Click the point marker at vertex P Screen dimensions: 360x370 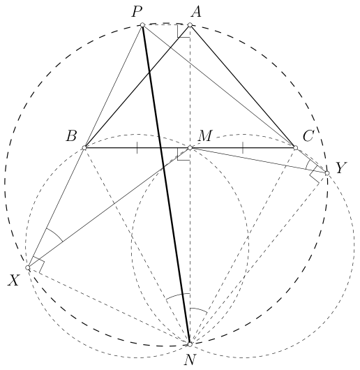(x=142, y=24)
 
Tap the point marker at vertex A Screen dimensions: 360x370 (x=190, y=24)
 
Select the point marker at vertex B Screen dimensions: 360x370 (x=84, y=148)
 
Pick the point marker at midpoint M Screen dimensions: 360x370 (x=190, y=148)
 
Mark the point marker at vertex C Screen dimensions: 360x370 (x=295, y=148)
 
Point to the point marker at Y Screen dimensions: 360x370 (x=327, y=173)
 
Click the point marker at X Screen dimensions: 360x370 (x=28, y=267)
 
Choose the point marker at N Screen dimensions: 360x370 (x=190, y=344)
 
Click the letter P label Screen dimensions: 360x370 (x=137, y=12)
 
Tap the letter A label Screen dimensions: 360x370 (x=196, y=12)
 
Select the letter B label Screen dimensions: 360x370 (x=71, y=136)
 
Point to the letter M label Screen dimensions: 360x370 (x=205, y=135)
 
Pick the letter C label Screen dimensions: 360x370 (x=308, y=136)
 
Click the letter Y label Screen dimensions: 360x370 (x=341, y=168)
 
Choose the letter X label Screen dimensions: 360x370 (x=13, y=281)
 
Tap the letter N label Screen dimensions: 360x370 (x=190, y=360)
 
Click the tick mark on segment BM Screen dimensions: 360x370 (x=137, y=148)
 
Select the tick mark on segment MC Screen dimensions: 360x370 (x=243, y=148)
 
